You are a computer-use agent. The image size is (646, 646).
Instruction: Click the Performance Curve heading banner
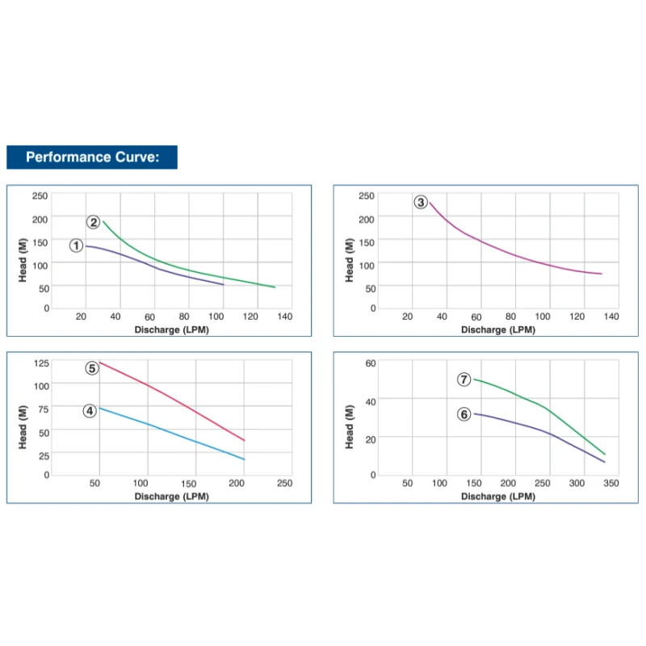tap(91, 157)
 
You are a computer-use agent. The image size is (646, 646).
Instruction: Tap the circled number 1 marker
tap(77, 245)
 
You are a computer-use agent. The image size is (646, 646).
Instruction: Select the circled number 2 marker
tap(94, 222)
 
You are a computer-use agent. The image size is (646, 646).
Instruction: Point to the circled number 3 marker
tap(421, 202)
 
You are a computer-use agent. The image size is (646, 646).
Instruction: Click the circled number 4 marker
tap(90, 410)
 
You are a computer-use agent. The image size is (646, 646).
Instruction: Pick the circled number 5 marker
tap(92, 367)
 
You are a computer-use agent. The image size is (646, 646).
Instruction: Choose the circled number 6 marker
tap(464, 414)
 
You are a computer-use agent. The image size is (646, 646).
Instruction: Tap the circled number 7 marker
tap(464, 379)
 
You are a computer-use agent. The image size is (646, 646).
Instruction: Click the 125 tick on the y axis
tap(41, 363)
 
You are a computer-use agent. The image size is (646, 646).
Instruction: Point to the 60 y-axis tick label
tap(371, 363)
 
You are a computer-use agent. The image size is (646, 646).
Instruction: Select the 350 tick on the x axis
tap(610, 483)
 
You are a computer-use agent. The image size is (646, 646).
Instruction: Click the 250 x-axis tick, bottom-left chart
tap(284, 483)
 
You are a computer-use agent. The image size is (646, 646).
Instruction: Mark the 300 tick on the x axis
tap(577, 483)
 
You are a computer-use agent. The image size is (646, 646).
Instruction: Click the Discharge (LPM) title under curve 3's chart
tap(498, 329)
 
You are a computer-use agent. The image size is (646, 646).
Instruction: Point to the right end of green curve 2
tap(275, 287)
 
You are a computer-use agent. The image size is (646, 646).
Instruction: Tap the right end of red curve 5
tap(244, 441)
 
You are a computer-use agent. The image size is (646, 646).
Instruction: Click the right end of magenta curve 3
tap(602, 274)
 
